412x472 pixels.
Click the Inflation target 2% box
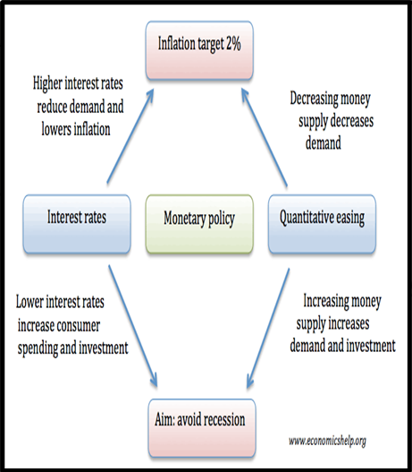click(199, 50)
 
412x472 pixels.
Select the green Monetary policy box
click(199, 224)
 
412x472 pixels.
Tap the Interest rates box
click(77, 224)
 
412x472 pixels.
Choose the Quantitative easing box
click(322, 224)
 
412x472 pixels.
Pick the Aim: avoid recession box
click(202, 428)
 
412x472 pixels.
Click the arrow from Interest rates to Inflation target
click(130, 136)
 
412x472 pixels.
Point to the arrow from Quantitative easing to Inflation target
click(265, 137)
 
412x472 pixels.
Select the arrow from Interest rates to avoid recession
click(133, 326)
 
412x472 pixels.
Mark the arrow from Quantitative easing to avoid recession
click(268, 329)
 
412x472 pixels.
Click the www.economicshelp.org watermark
click(328, 442)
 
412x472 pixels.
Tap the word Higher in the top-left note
click(47, 83)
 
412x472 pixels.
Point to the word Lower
click(29, 302)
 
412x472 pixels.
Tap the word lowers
click(56, 129)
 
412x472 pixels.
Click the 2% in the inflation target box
click(233, 44)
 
